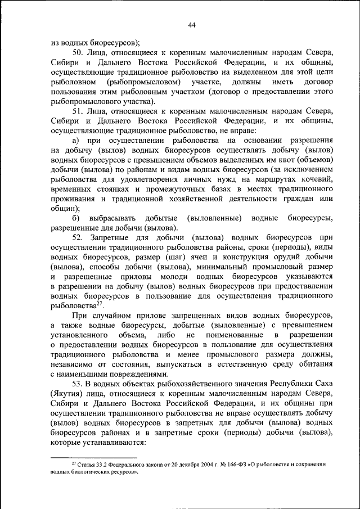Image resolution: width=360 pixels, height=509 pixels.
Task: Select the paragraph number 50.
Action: pos(78,52)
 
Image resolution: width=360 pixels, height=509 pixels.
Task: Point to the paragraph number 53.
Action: pos(77,383)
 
